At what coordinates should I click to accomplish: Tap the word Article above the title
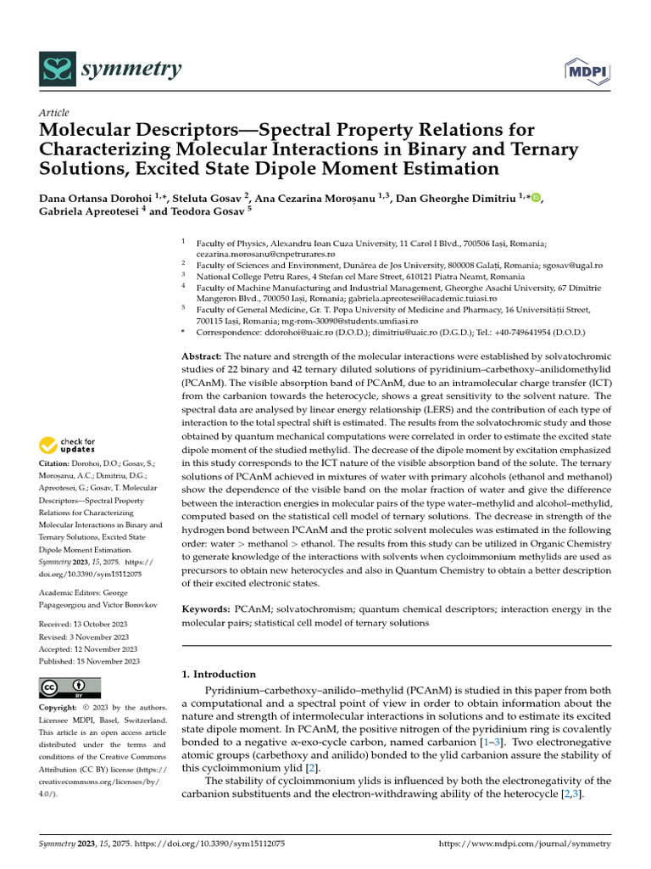tap(54, 113)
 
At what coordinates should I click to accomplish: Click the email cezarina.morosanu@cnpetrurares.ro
tap(265, 254)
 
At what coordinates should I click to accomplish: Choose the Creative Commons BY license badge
tap(70, 687)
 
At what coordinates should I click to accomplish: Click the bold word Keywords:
tap(206, 609)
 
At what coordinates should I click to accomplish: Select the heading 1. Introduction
tap(220, 674)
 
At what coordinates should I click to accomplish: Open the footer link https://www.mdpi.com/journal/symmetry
tap(525, 844)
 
